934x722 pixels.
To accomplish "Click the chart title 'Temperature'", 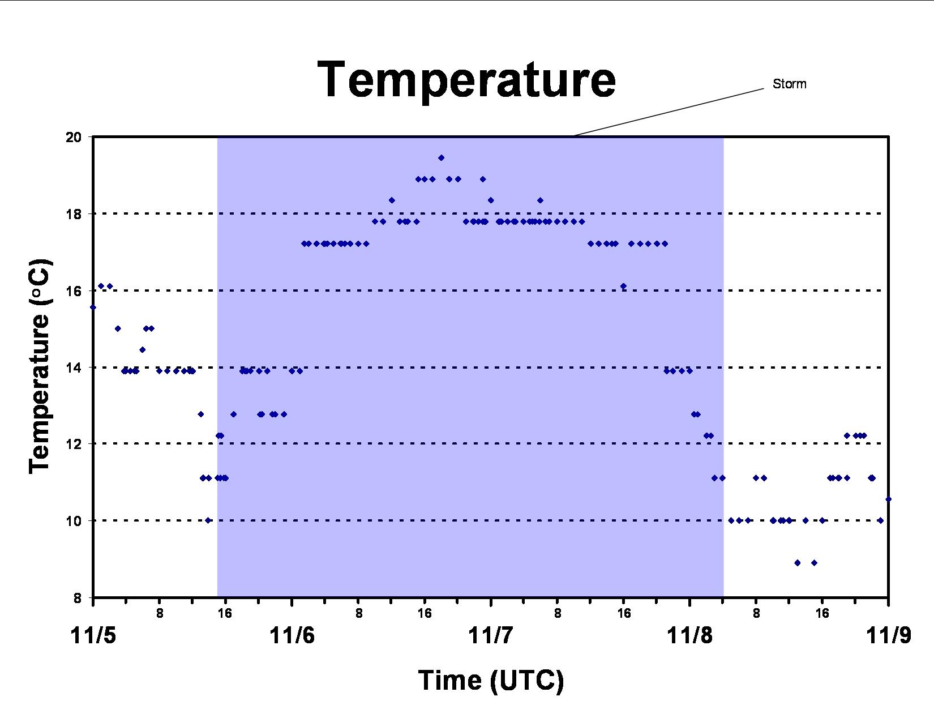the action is (x=466, y=80).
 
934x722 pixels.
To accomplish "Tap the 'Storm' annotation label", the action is (x=789, y=84).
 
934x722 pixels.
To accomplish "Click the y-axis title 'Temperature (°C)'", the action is (x=40, y=367).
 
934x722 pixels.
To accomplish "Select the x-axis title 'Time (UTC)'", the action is (x=490, y=681).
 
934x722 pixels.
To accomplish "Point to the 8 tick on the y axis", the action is (x=78, y=598).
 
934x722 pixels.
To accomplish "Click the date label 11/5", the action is (x=93, y=635).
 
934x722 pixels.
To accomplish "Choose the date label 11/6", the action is (x=292, y=635).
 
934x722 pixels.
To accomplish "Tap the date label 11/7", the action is (x=490, y=635).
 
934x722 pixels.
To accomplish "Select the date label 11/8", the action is (x=689, y=635).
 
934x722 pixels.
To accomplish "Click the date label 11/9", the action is (x=889, y=635).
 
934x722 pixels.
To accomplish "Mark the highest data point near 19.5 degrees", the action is (x=441, y=158).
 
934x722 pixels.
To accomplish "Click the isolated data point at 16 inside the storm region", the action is (x=623, y=287).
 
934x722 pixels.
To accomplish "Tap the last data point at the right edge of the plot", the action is (x=889, y=499).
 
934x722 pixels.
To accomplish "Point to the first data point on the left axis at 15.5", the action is (x=93, y=307).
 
